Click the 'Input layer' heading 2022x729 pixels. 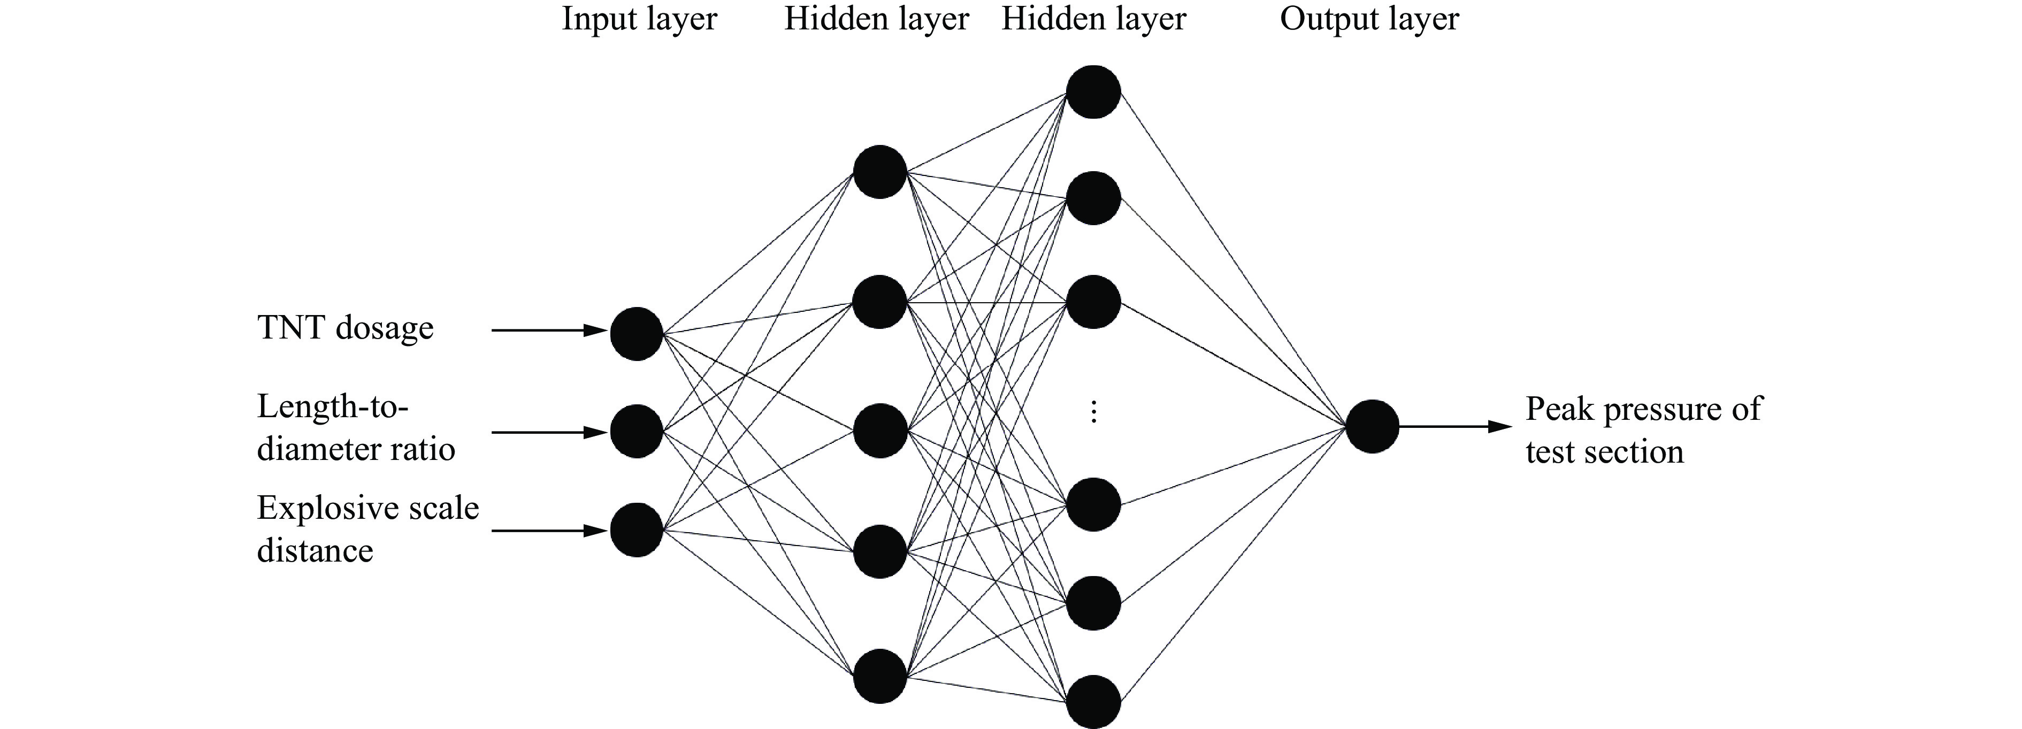point(639,19)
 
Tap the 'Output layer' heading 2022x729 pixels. point(1369,19)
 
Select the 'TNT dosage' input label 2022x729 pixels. point(346,328)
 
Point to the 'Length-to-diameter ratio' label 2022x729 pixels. point(356,428)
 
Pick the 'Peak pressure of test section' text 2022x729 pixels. point(1643,430)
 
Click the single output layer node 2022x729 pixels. point(1372,427)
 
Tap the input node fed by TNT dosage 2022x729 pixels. point(637,334)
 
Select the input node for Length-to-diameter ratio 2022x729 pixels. point(637,432)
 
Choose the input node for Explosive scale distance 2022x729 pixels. point(637,531)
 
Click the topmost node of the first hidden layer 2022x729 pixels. point(880,172)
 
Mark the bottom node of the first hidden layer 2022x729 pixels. point(880,676)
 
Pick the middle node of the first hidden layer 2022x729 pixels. point(880,431)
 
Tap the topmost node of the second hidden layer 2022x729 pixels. point(1093,92)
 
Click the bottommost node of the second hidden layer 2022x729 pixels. point(1093,702)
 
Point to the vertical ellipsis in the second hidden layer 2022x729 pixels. point(1093,412)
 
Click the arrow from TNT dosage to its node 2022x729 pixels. point(549,331)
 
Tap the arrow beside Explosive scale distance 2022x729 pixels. point(549,531)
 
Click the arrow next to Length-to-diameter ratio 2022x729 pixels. point(549,432)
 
